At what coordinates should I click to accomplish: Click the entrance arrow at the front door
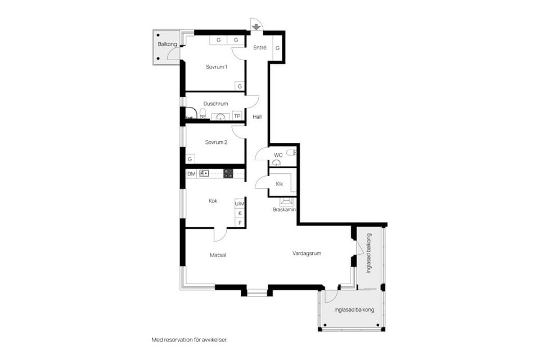(x=256, y=27)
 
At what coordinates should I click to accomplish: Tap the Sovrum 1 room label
(x=216, y=67)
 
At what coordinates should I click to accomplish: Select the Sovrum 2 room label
(x=216, y=142)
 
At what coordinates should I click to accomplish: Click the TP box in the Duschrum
(x=237, y=116)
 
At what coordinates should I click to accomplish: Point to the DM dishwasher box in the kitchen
(x=191, y=174)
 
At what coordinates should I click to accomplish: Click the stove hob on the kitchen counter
(x=228, y=173)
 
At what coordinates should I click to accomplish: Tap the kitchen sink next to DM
(x=204, y=173)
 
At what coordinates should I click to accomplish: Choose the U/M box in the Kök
(x=240, y=204)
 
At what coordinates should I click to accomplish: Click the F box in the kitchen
(x=240, y=223)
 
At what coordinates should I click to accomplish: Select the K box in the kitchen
(x=240, y=213)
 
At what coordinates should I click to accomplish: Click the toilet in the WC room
(x=291, y=152)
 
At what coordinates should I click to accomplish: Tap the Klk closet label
(x=280, y=184)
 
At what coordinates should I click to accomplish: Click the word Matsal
(x=218, y=255)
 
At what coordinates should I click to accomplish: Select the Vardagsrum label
(x=307, y=253)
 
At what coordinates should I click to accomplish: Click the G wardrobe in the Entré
(x=277, y=48)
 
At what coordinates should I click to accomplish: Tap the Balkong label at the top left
(x=168, y=44)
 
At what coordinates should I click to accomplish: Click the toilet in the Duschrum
(x=203, y=113)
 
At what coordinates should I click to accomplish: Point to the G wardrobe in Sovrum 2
(x=190, y=159)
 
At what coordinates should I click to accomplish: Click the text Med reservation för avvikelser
(x=190, y=340)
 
